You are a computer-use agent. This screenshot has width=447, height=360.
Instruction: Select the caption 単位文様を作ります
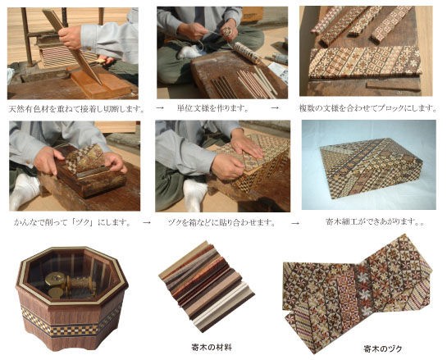[x=212, y=107]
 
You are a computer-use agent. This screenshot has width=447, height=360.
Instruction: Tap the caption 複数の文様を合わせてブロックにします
[x=367, y=107]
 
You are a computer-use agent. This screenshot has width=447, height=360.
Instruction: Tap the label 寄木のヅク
[x=363, y=348]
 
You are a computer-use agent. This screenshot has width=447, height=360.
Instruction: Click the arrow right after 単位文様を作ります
[x=274, y=107]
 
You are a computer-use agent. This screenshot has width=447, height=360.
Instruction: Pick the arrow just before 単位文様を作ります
[x=158, y=107]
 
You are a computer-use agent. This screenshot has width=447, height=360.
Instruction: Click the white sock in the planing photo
[x=25, y=189]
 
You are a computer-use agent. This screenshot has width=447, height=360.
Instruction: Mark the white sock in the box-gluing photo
[x=194, y=194]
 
